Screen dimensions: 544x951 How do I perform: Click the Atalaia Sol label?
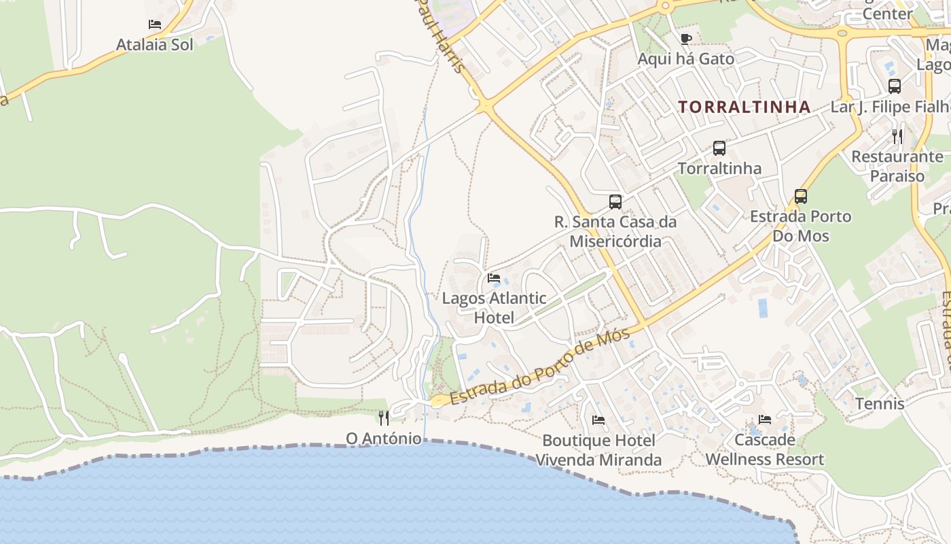coord(155,45)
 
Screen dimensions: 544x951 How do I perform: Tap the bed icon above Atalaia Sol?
coord(155,24)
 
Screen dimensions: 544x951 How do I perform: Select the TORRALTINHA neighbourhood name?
coord(744,107)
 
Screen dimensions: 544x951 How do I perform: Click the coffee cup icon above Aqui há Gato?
coord(685,39)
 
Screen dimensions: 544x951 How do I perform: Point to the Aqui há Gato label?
coord(685,59)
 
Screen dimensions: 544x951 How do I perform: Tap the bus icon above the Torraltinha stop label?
coord(719,148)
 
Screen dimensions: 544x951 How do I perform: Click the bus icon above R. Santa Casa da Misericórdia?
coord(615,201)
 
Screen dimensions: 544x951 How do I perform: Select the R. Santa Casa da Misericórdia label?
coord(615,231)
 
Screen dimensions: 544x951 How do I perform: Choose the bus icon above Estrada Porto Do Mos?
coord(801,197)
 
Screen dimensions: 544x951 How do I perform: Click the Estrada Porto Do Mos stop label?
coord(801,226)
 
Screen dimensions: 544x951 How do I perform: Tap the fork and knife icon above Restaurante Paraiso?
coord(897,136)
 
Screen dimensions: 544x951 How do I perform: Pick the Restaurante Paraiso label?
coord(897,166)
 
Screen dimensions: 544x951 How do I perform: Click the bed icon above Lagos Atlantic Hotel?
coord(494,278)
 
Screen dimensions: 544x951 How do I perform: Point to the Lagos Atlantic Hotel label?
coord(494,307)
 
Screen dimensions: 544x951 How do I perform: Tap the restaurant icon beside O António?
coord(384,418)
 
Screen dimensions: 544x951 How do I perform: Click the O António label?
coord(384,439)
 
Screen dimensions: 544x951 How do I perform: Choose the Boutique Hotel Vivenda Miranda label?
coord(598,450)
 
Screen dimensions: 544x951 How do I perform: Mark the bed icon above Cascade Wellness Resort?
coord(765,420)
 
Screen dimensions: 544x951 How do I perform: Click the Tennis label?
coord(880,404)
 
